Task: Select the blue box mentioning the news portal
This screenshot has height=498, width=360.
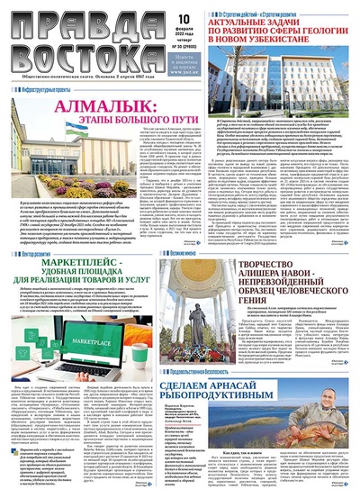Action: point(156,60)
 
